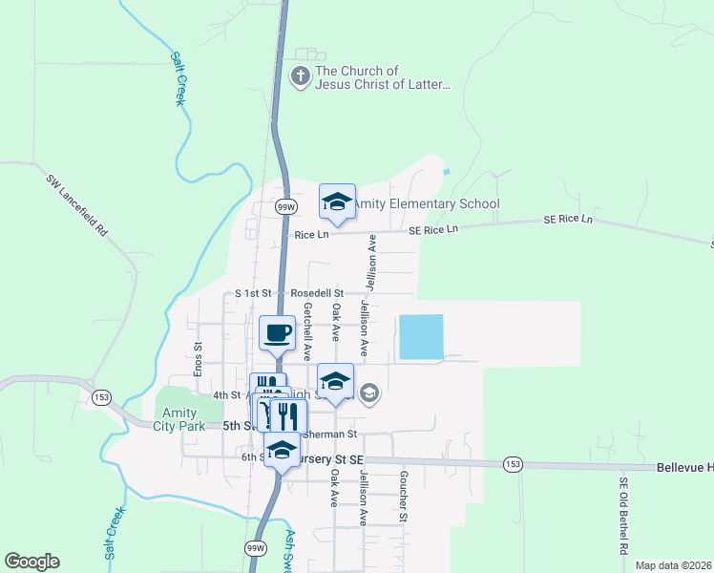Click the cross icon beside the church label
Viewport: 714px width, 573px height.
[x=301, y=76]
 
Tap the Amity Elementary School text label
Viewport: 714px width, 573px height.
[x=426, y=203]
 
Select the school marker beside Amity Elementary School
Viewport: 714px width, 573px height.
[x=337, y=202]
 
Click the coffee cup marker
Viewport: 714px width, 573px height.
[x=277, y=333]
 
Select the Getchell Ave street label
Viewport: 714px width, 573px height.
[x=307, y=330]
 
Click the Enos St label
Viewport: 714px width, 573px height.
[x=198, y=359]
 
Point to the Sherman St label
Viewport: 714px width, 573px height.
[x=329, y=434]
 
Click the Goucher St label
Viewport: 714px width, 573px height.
[x=404, y=496]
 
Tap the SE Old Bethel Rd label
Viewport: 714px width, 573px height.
[x=623, y=517]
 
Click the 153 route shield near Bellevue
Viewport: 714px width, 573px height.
[x=513, y=464]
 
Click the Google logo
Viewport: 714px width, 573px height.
[x=31, y=562]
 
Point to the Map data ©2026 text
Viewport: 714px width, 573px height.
[x=673, y=565]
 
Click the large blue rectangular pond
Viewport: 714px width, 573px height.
[x=421, y=337]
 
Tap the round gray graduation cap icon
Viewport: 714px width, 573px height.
[x=370, y=392]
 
